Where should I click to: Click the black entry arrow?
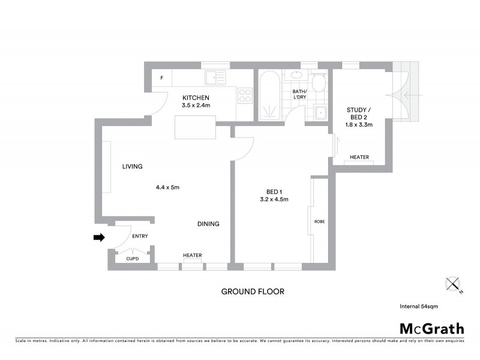tap(98, 238)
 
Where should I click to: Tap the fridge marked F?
tap(161, 79)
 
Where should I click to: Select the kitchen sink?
tap(214, 77)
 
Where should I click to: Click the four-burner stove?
tap(245, 95)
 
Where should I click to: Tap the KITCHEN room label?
tap(196, 98)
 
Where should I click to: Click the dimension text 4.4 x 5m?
tap(167, 187)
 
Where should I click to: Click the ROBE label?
tap(319, 221)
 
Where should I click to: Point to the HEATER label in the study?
tap(359, 157)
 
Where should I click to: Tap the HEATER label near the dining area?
tap(192, 256)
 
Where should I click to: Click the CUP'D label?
tap(132, 259)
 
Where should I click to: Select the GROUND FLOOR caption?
tap(253, 292)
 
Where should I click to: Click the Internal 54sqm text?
tap(419, 306)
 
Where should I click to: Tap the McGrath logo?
tap(432, 328)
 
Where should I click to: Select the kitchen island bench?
tap(196, 127)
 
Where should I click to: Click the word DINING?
tap(208, 224)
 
